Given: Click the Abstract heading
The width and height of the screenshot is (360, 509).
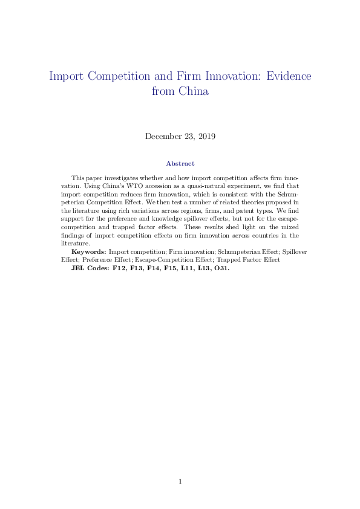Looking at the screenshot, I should [x=180, y=163].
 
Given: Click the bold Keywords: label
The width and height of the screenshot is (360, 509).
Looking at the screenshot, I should [x=89, y=251].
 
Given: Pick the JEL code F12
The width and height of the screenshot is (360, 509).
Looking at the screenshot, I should [x=120, y=267].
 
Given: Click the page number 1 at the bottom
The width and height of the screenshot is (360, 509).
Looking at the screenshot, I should [x=180, y=481].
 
